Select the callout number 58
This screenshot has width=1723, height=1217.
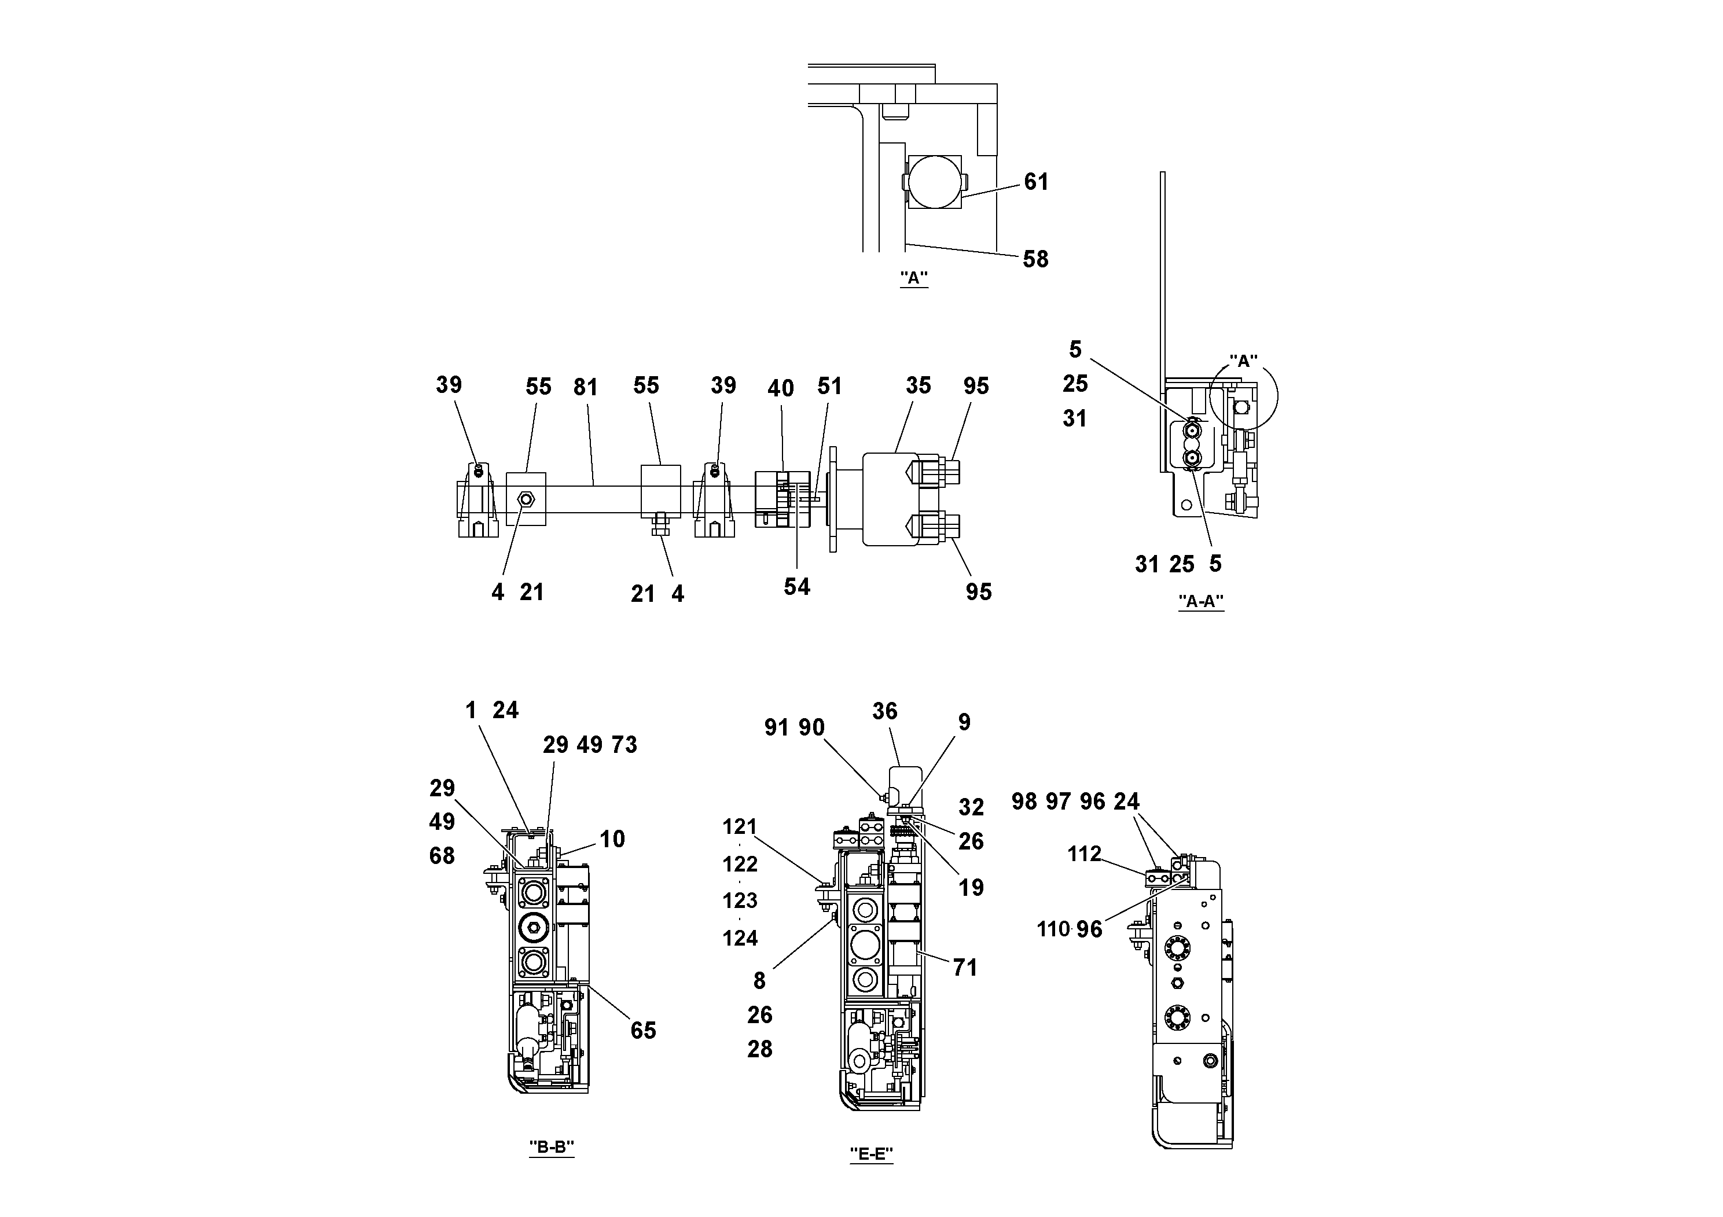click(x=1035, y=260)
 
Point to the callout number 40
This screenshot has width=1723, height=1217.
click(x=780, y=388)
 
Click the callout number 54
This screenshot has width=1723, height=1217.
click(x=797, y=587)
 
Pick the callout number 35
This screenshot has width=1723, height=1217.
click(x=918, y=385)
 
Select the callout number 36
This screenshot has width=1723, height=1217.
click(x=885, y=711)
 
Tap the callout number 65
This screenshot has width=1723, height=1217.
click(x=643, y=1031)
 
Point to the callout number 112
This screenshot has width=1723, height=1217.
click(x=1085, y=854)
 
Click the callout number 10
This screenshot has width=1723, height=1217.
click(x=612, y=839)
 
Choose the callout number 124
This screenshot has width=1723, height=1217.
click(x=740, y=938)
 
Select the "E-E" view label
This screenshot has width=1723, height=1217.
click(x=871, y=1154)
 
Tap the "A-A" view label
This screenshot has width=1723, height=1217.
click(x=1201, y=601)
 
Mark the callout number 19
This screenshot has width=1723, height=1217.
click(x=971, y=888)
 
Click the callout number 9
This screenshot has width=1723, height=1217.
click(x=964, y=723)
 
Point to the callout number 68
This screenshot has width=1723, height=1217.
click(x=442, y=855)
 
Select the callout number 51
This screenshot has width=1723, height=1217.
click(x=829, y=387)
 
